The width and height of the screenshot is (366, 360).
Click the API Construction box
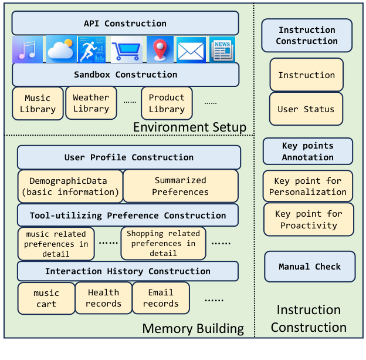pos(125,23)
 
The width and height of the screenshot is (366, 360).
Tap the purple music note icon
pos(28,50)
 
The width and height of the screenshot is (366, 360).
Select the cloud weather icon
pos(60,50)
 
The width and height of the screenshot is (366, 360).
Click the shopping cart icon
pos(126,50)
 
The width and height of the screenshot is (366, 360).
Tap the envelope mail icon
pos(191,50)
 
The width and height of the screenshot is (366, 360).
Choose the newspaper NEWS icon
pos(222,50)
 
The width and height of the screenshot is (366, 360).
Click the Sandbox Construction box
pos(125,75)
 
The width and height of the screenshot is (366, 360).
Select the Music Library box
pos(38,104)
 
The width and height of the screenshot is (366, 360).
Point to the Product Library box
pos(167,103)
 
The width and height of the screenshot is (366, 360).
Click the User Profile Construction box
pos(128,157)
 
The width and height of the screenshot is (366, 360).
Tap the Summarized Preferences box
pos(180,186)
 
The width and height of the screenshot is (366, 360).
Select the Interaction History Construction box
pos(127,271)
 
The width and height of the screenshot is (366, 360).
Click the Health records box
pos(103,298)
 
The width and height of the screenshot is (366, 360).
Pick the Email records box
pos(161,298)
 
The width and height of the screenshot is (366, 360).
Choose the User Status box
pos(306,109)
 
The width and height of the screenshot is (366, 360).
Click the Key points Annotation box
pos(307,152)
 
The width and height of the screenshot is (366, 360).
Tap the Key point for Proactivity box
pos(309,220)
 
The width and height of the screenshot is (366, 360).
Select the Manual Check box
pos(310,267)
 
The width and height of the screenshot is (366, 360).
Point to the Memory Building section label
pos(193,328)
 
